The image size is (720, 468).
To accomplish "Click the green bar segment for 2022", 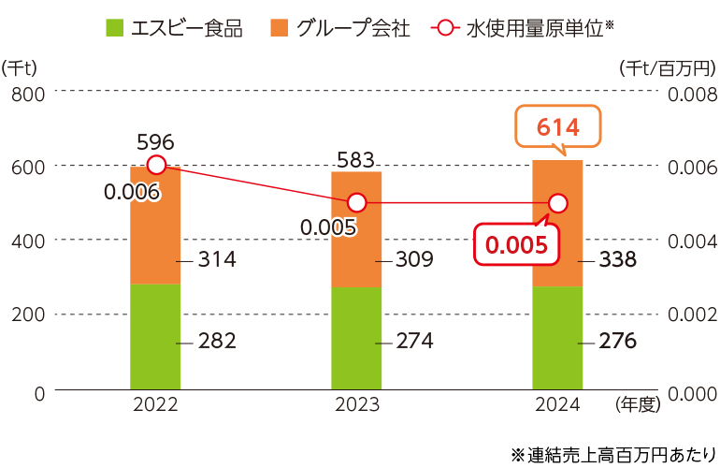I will [x=155, y=335].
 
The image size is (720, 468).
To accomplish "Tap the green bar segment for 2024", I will [x=557, y=337].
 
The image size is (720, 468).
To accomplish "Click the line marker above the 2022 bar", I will [x=157, y=166].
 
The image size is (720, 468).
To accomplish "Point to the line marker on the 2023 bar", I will [x=356, y=202].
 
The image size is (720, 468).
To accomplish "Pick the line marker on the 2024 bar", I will [x=558, y=203].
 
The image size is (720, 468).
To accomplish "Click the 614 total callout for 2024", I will [x=557, y=128].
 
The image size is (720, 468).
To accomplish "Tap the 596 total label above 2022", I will [x=155, y=141].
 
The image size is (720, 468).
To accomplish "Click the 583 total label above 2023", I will [x=356, y=158].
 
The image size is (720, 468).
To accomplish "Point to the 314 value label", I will [x=217, y=259].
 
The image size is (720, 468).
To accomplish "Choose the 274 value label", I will [x=414, y=341].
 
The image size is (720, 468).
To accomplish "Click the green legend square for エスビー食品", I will [x=115, y=28].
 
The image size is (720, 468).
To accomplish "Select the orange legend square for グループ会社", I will [x=280, y=28].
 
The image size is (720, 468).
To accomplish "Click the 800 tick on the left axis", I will [x=27, y=93].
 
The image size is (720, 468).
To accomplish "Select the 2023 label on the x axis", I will [x=356, y=404].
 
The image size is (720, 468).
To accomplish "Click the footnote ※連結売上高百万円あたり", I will [x=613, y=454].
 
